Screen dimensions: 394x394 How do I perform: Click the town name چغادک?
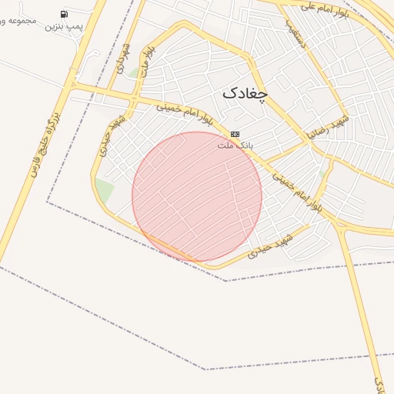pos(245,93)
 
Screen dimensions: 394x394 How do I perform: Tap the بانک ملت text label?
pos(235,145)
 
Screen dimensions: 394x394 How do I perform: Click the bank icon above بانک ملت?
pos(235,134)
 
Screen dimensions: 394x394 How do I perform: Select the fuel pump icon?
pos(62,14)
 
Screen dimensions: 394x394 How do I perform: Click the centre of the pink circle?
pos(197,196)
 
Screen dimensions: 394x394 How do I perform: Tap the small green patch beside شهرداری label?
pos(133,74)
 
